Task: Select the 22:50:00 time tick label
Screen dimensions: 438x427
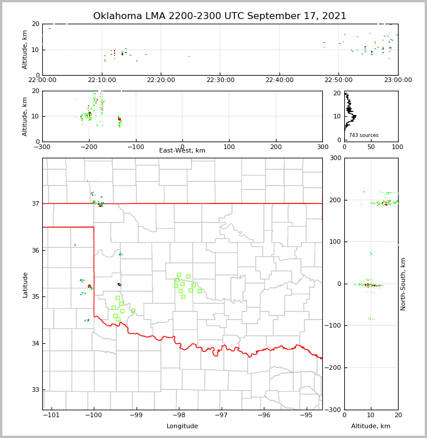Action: (338, 80)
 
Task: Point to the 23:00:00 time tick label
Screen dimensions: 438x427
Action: (397, 80)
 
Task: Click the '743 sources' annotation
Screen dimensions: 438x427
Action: (363, 135)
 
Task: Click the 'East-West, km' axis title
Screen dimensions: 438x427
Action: (182, 151)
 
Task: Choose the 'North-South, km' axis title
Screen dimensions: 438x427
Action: (403, 284)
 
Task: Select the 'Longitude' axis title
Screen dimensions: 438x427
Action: (182, 426)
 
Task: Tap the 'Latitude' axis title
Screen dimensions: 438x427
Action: (25, 284)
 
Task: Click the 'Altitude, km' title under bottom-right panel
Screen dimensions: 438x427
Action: (371, 426)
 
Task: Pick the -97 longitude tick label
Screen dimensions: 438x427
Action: (222, 415)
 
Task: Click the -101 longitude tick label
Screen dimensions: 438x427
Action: (51, 415)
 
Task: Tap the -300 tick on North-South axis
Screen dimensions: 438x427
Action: (335, 410)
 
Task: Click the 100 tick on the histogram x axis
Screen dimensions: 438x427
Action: (397, 147)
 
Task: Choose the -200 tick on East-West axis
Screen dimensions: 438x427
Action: (89, 147)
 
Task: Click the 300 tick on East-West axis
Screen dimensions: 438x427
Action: (322, 147)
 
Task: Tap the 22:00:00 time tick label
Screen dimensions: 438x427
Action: (42, 80)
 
